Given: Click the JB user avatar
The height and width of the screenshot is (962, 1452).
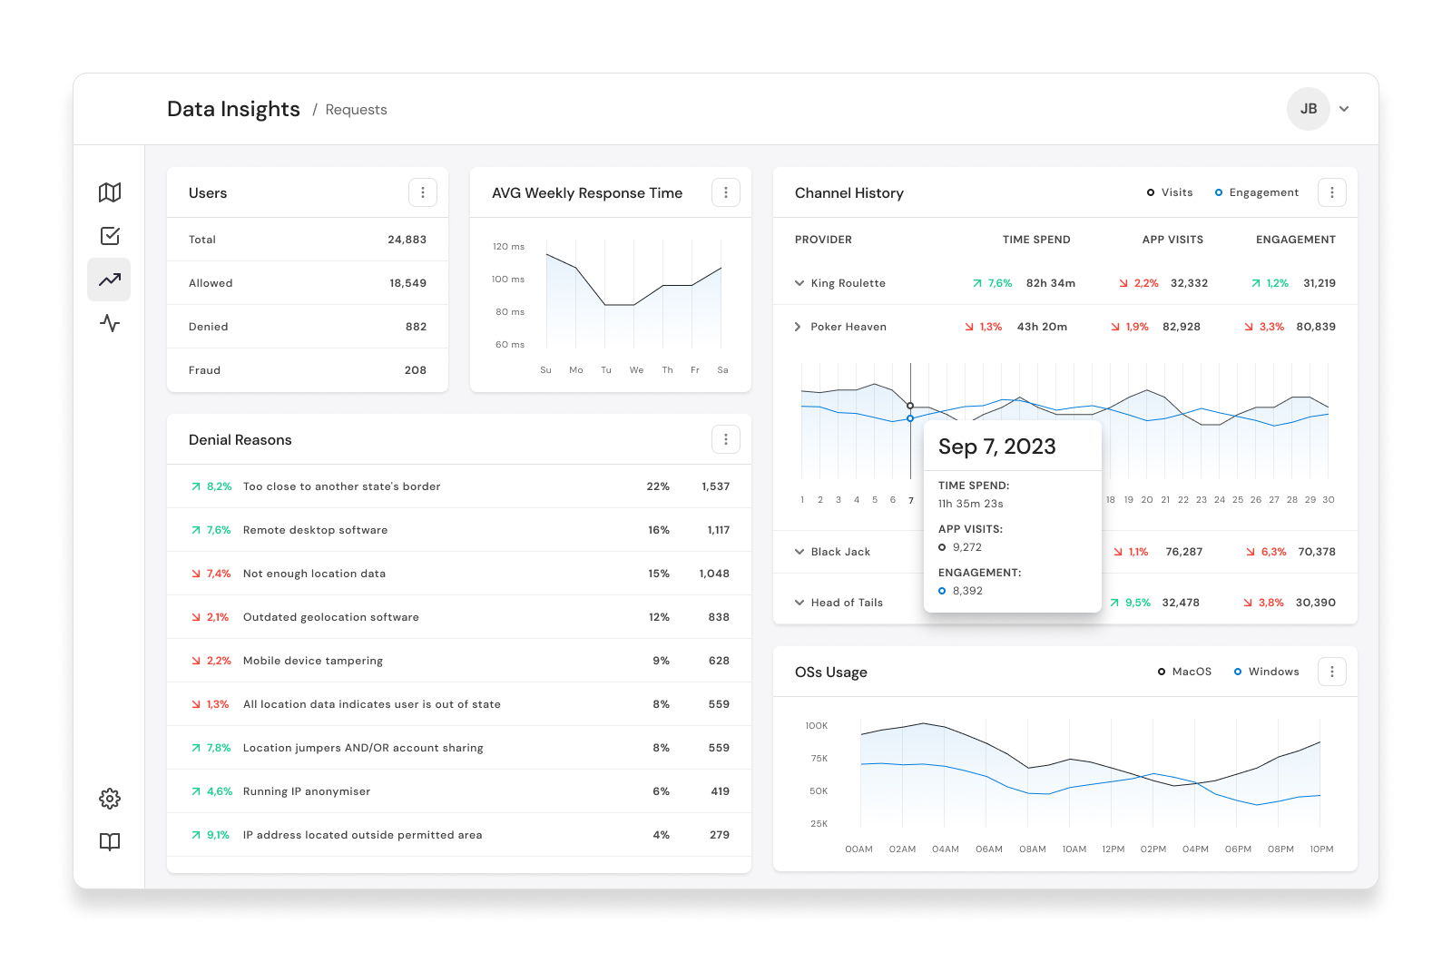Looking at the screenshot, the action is (x=1308, y=109).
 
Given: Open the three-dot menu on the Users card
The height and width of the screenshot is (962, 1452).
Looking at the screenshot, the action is (x=423, y=192).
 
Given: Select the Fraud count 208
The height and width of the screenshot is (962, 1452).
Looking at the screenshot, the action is (x=416, y=370).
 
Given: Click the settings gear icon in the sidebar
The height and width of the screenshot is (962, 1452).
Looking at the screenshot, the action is (x=110, y=799).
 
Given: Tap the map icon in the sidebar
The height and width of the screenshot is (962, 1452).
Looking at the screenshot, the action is (x=110, y=192).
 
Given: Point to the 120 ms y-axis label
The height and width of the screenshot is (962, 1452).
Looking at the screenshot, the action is (x=509, y=246).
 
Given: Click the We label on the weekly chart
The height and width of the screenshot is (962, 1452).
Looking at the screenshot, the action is (x=636, y=370).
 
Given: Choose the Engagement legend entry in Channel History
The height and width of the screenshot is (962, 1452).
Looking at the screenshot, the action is (x=1256, y=192).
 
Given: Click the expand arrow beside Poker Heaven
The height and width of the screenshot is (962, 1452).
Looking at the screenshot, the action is (x=798, y=327).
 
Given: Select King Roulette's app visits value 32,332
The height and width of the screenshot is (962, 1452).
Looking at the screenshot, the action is (x=1189, y=283).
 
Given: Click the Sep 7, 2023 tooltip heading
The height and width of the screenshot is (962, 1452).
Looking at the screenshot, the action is (x=997, y=447).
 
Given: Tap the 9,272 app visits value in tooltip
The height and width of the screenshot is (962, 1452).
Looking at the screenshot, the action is (x=967, y=547).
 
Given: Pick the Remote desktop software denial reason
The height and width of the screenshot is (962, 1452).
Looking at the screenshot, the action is (x=315, y=530).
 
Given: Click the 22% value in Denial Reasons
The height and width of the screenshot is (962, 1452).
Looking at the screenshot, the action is (x=658, y=486).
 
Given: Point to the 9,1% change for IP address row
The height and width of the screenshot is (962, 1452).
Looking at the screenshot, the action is (x=218, y=835).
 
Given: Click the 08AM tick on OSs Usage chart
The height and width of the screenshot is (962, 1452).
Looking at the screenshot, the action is (x=1033, y=849).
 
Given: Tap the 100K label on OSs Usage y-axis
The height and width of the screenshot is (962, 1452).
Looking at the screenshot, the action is (x=817, y=725).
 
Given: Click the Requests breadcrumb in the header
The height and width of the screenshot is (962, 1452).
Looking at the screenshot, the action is (x=356, y=110).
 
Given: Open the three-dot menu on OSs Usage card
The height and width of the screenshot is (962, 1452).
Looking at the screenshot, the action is (x=1332, y=672).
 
